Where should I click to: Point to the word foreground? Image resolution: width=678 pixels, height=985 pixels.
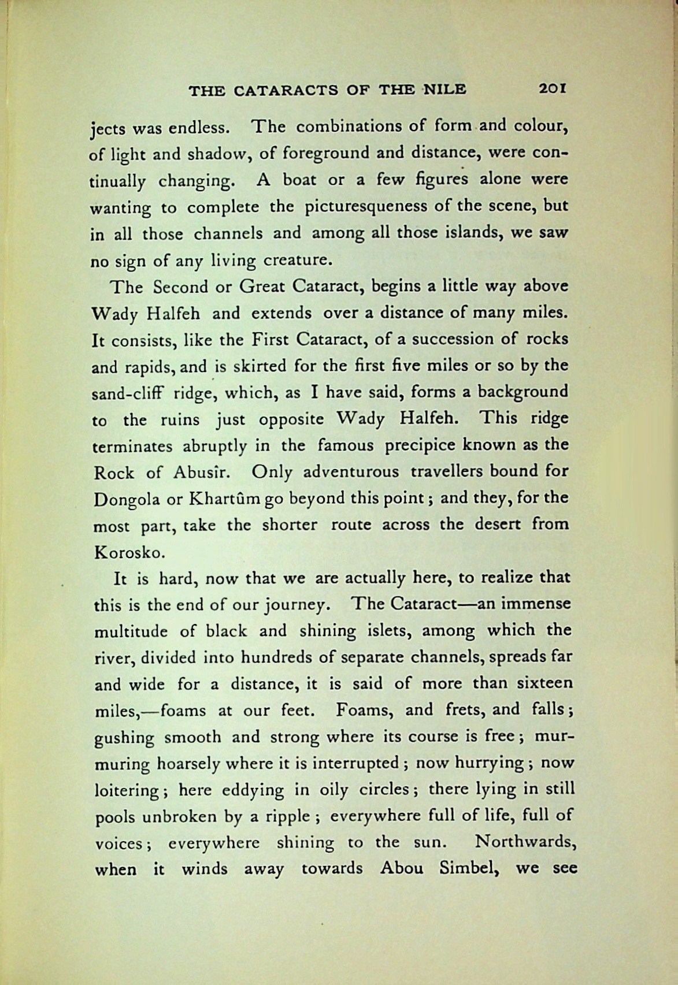pyautogui.click(x=322, y=154)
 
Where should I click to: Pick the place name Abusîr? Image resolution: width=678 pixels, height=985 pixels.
pyautogui.click(x=202, y=473)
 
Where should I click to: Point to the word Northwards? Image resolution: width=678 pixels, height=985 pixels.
pyautogui.click(x=526, y=842)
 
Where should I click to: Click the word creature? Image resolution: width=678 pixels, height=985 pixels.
pyautogui.click(x=298, y=260)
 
